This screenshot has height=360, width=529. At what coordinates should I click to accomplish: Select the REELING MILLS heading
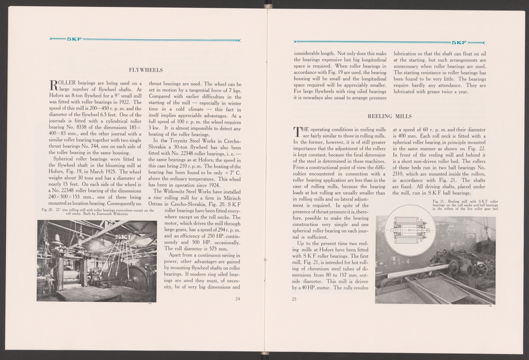pos(389,116)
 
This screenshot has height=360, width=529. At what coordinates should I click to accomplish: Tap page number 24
pos(237,299)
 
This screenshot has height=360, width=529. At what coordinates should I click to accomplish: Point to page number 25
pos(294,299)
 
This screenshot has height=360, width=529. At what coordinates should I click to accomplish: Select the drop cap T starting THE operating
pos(298,131)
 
